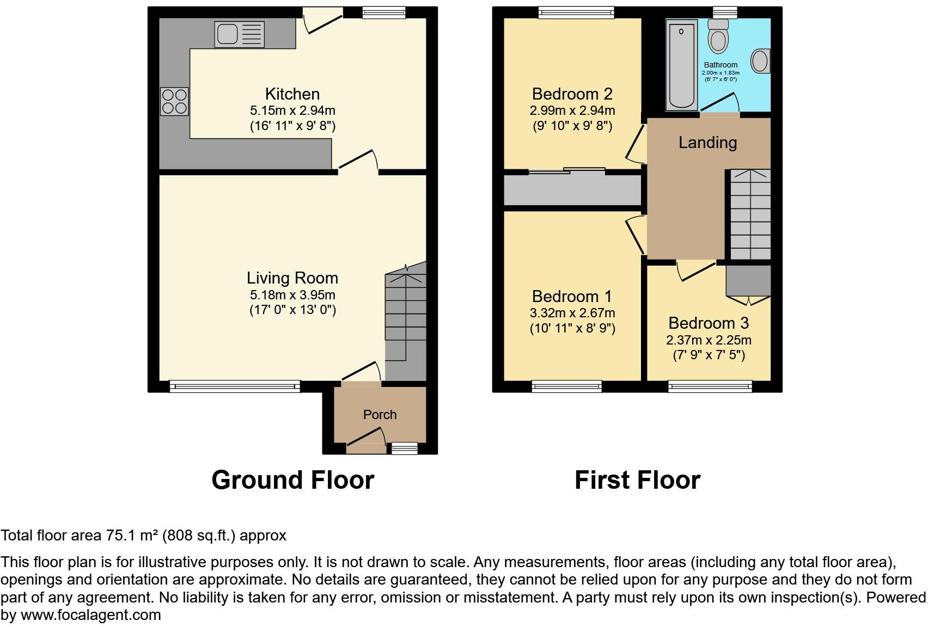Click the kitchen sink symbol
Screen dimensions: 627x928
(x=239, y=34)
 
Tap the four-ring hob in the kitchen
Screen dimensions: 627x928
(x=174, y=101)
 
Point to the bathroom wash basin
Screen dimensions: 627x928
(x=760, y=60)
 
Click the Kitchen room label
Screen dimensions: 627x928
(x=292, y=94)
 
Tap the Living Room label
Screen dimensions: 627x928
(x=292, y=278)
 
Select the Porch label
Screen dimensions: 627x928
(x=380, y=414)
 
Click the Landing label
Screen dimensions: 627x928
(x=707, y=143)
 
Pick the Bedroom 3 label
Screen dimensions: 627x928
(x=709, y=323)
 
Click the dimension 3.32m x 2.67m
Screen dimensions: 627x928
(x=572, y=313)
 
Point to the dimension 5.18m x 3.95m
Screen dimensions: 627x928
(x=292, y=295)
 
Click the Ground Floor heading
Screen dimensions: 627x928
(x=292, y=480)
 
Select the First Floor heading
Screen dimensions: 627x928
(x=637, y=480)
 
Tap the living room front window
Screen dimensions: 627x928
(x=235, y=386)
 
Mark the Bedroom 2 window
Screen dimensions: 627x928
(x=576, y=12)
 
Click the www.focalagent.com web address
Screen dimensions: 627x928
(x=91, y=615)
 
